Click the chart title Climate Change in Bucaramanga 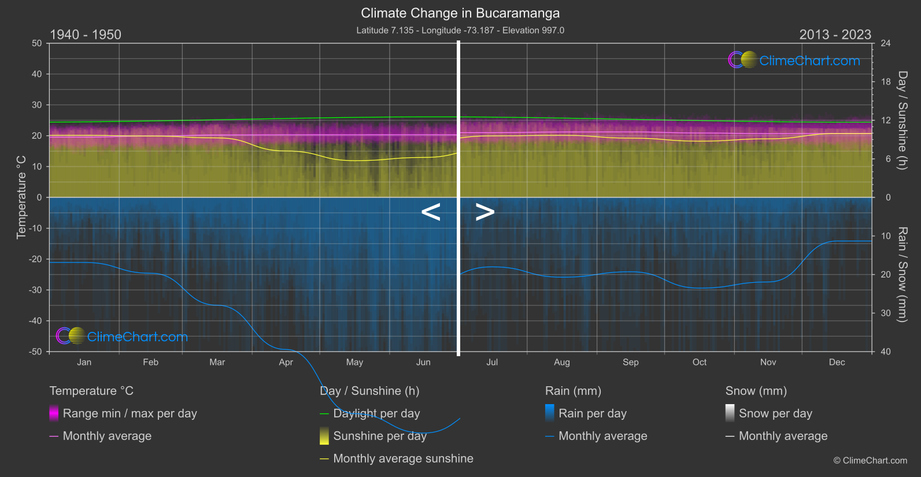pos(460,13)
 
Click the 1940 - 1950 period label pos(86,35)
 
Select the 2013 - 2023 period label pos(835,35)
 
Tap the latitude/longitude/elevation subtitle pos(460,30)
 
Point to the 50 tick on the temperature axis pos(37,43)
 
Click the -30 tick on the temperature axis pos(36,290)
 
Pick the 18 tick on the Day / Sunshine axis pos(886,82)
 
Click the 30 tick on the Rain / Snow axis pos(886,313)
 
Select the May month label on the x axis pos(354,362)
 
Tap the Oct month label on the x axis pos(700,362)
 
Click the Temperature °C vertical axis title pos(21,197)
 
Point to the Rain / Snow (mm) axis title pos(902,274)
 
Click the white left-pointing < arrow pos(431,212)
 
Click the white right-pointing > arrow pos(484,212)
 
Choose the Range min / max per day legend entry pos(130,413)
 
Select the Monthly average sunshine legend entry pos(403,458)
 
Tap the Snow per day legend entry pos(775,413)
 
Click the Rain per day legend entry pos(592,413)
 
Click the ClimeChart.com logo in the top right pos(794,60)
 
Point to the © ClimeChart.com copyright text pos(870,460)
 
